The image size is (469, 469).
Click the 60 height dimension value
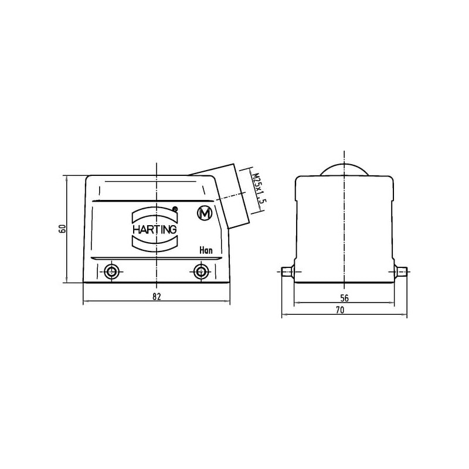click(63, 229)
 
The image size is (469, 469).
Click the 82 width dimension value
click(157, 297)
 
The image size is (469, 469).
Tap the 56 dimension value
click(344, 298)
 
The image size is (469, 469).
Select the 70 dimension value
click(340, 310)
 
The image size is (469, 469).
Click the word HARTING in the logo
click(154, 230)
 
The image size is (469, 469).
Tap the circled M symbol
click(205, 213)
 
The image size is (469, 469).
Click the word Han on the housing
click(206, 250)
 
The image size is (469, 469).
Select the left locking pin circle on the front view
click(112, 272)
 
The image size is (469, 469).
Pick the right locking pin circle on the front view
click(200, 272)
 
